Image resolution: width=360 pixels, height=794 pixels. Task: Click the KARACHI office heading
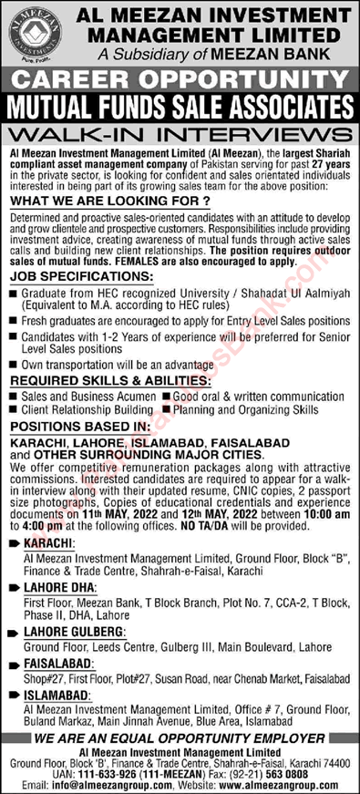click(43, 543)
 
